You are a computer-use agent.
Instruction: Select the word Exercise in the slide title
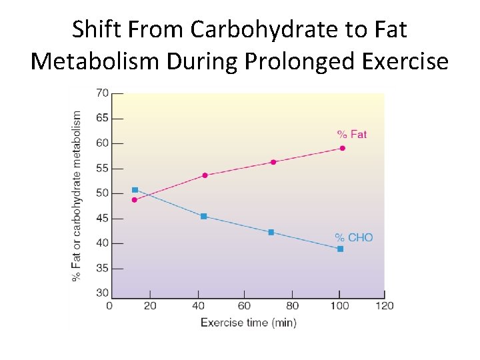(x=406, y=61)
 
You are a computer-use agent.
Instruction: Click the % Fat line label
(x=351, y=135)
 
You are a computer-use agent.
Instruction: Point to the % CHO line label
(x=353, y=237)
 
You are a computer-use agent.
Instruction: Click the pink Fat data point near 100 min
(x=343, y=148)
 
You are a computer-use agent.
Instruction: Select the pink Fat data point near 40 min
(x=205, y=175)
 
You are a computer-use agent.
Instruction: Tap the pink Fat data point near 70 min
(x=273, y=162)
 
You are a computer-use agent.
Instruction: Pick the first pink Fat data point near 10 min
(x=135, y=199)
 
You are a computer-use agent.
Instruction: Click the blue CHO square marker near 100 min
(x=340, y=249)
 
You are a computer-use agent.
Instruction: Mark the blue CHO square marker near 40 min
(x=203, y=216)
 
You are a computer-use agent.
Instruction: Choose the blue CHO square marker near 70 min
(x=271, y=232)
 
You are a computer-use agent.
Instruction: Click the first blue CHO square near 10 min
(x=135, y=190)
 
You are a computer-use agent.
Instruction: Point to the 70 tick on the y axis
(x=102, y=93)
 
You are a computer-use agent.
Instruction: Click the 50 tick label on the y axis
(x=102, y=193)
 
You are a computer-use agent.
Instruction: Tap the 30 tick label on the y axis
(x=102, y=293)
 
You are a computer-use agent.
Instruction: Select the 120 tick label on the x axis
(x=384, y=306)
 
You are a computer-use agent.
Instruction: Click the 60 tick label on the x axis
(x=244, y=306)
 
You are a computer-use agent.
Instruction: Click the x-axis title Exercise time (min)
(x=249, y=323)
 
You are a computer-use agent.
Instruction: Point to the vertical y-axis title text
(x=77, y=195)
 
